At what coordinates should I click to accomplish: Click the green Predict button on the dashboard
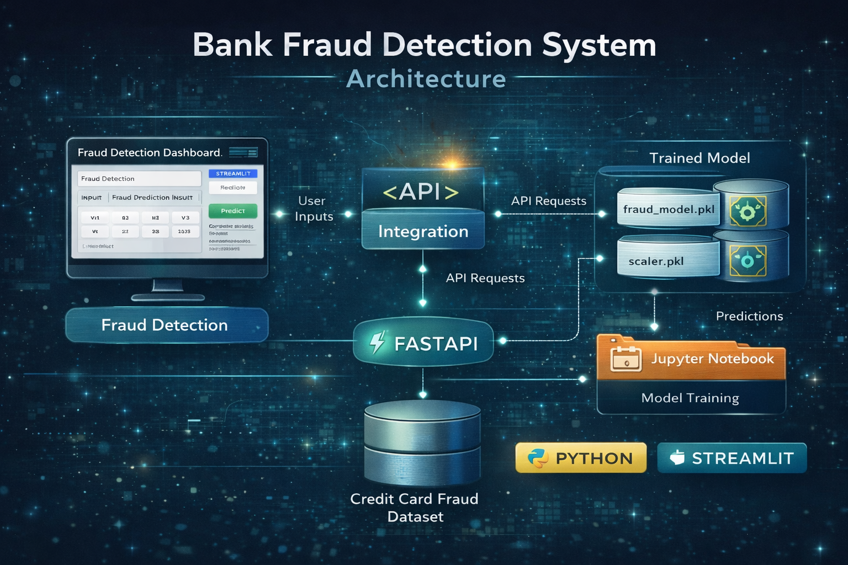[x=232, y=211]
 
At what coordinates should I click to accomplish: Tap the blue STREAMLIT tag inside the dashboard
[x=233, y=173]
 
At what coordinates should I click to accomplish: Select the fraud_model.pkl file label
[x=669, y=210]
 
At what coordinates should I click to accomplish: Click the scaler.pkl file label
[x=656, y=261]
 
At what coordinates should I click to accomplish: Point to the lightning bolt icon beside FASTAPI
[x=378, y=343]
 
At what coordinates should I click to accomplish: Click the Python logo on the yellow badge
[x=537, y=458]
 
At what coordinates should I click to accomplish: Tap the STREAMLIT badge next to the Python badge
[x=732, y=458]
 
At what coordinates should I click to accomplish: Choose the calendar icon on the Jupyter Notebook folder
[x=626, y=359]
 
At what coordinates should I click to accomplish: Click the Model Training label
[x=690, y=398]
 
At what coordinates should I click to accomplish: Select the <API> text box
[x=422, y=191]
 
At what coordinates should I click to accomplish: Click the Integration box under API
[x=423, y=231]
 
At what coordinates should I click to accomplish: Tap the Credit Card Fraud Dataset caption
[x=415, y=508]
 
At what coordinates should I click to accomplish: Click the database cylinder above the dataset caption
[x=422, y=441]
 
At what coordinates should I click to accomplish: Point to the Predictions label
[x=749, y=316]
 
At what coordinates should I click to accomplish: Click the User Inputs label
[x=313, y=209]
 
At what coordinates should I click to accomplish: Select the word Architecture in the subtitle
[x=426, y=79]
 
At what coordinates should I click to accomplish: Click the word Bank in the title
[x=232, y=45]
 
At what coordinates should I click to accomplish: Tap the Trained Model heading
[x=699, y=158]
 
